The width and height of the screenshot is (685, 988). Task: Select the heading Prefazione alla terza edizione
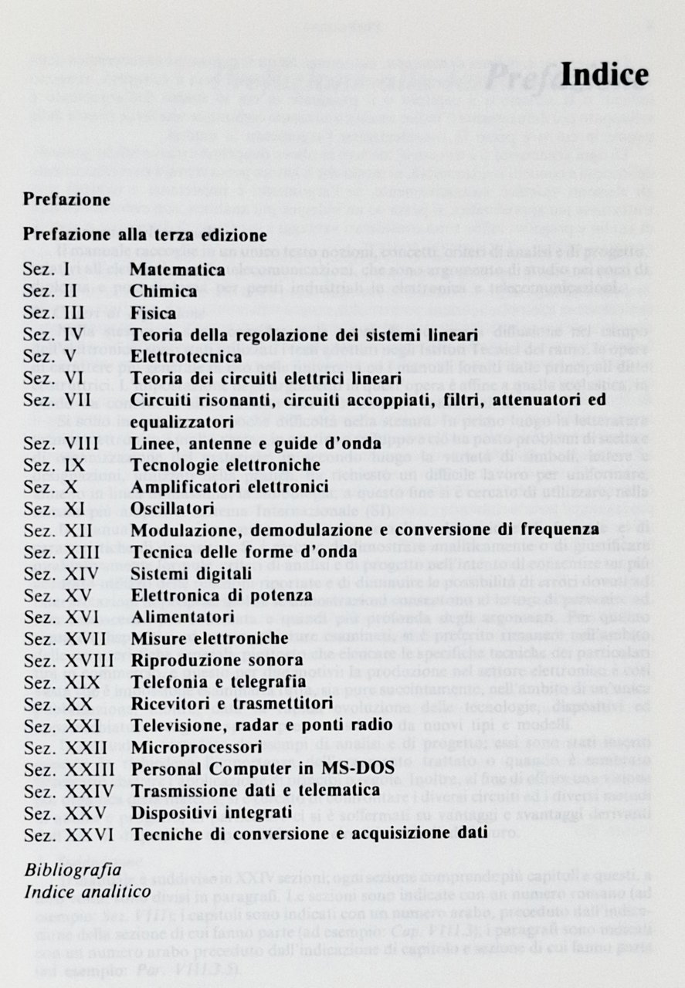click(x=145, y=234)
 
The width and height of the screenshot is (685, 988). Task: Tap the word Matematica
click(x=178, y=270)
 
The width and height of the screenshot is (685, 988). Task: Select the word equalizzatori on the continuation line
click(x=182, y=423)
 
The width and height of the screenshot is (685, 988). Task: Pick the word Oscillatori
click(x=172, y=509)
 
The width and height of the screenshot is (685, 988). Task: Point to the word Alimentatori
click(x=182, y=617)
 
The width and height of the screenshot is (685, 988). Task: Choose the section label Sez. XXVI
click(x=68, y=834)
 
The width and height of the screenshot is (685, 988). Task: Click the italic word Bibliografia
click(x=73, y=870)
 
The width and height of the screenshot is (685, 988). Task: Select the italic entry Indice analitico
click(x=87, y=892)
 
